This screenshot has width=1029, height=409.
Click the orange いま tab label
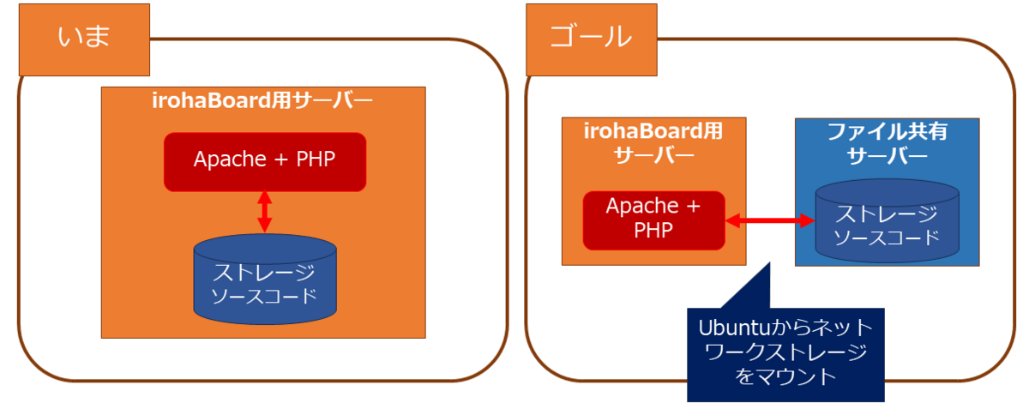(85, 39)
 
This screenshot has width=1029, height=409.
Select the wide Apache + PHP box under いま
(265, 161)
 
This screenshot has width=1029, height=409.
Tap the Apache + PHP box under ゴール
(653, 219)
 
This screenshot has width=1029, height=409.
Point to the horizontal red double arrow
(770, 221)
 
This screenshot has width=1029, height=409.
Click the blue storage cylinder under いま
(265, 283)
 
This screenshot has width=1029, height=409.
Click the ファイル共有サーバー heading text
(887, 145)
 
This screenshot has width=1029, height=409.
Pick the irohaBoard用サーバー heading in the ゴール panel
(653, 145)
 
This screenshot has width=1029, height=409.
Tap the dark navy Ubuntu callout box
(785, 355)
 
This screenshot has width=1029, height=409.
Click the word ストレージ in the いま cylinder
(264, 274)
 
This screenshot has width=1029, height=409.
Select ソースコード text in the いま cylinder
(264, 297)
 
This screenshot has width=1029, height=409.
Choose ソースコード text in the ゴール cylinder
(886, 237)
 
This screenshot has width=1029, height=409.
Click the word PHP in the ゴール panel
(653, 231)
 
